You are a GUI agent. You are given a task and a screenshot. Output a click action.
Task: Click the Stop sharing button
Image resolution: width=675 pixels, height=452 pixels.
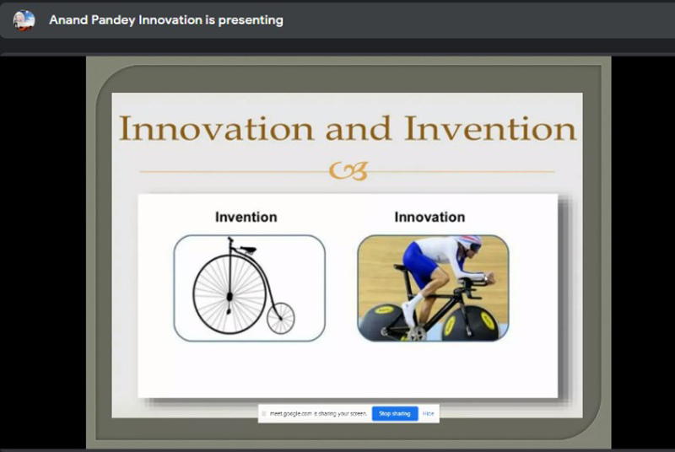[395, 414]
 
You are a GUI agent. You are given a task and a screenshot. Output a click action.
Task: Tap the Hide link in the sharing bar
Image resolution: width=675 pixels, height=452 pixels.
[429, 414]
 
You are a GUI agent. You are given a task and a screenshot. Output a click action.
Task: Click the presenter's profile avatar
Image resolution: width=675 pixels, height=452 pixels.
[24, 20]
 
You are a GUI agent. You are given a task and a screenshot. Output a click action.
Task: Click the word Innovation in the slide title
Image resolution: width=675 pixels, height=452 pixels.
[216, 128]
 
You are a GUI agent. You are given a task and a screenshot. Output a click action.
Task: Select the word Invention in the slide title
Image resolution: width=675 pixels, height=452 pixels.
[490, 128]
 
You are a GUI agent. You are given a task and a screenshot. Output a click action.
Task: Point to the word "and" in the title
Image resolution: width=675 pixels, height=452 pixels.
[359, 128]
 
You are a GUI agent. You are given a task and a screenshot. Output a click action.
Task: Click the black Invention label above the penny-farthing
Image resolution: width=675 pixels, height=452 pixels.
[246, 218]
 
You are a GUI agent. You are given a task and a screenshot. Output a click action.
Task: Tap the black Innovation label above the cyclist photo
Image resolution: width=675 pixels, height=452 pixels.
[429, 218]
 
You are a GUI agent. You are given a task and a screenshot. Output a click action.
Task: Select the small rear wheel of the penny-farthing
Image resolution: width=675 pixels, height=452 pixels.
[281, 304]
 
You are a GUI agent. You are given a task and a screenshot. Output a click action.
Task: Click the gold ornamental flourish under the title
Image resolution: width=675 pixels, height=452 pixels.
[348, 171]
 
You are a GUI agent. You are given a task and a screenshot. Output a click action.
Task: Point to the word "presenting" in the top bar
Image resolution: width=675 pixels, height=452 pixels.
[251, 20]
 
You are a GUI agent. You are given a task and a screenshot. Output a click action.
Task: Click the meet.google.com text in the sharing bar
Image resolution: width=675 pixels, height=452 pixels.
[290, 414]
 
